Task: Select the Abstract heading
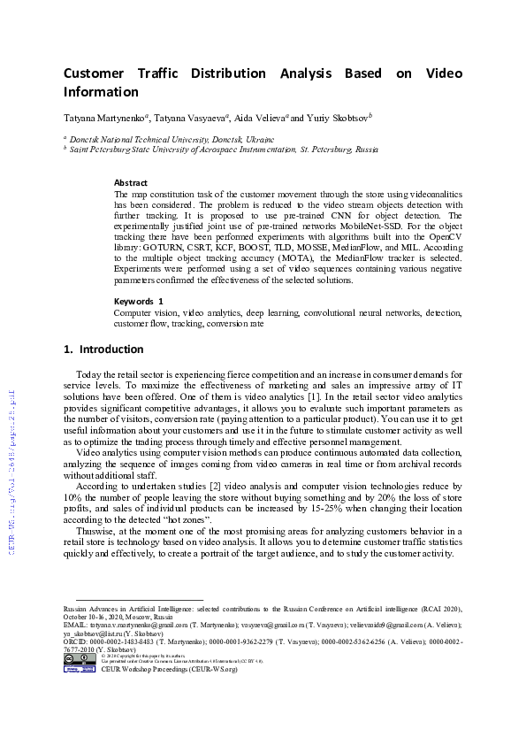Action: point(131,182)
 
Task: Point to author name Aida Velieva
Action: point(262,118)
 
